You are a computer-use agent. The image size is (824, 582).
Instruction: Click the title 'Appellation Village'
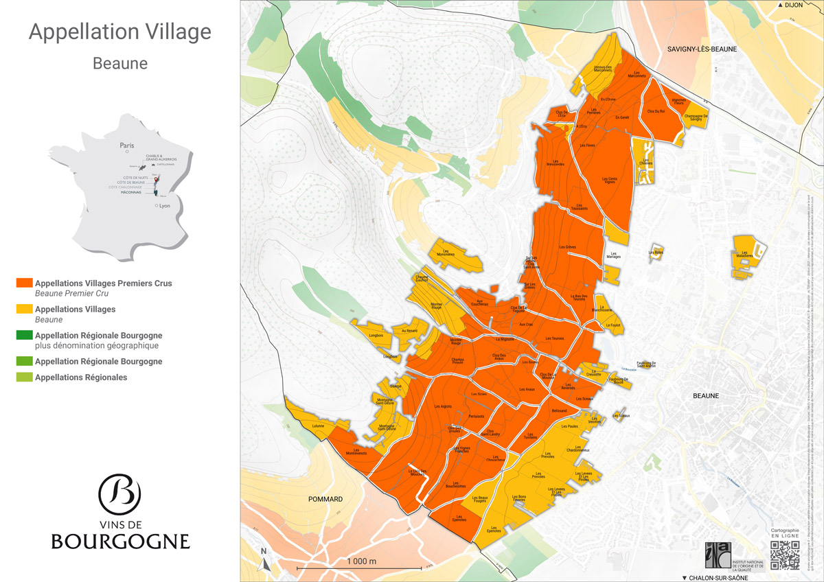[120, 32]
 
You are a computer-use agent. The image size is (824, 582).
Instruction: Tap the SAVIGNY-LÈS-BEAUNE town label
[702, 49]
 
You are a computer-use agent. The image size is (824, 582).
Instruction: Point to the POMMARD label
[326, 499]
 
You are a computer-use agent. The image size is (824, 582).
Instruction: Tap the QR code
[785, 555]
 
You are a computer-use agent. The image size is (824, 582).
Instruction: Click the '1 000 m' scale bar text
[362, 561]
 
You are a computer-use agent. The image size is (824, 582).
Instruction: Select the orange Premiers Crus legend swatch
[25, 283]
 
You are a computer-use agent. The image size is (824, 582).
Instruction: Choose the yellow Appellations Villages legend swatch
[25, 310]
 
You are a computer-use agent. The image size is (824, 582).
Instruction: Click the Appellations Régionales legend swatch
[25, 377]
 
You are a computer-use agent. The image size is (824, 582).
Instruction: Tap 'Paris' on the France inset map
[127, 145]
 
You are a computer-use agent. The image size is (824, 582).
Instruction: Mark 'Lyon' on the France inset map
[164, 205]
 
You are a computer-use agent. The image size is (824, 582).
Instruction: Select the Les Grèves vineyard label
[567, 246]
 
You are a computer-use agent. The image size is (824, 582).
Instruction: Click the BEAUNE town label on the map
[705, 396]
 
